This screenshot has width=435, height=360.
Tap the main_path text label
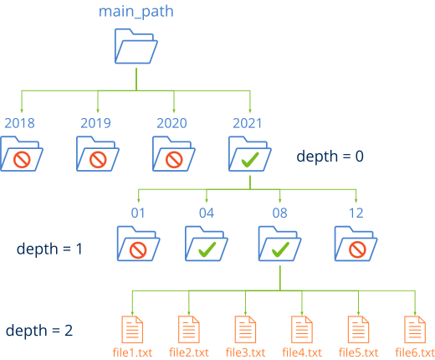point(137,12)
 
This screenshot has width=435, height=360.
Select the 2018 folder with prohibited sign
point(23,154)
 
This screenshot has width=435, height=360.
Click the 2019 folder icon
point(99,154)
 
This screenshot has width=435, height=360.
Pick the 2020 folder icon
point(174,154)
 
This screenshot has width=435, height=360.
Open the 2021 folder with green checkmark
point(248,154)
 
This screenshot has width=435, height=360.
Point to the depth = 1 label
point(49,249)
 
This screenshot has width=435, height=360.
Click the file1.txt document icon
point(131,327)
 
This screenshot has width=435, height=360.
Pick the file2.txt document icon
point(188,327)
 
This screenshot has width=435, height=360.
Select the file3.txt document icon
point(245,327)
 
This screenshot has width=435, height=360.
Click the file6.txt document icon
point(412,327)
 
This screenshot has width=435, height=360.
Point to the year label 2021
point(246,123)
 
